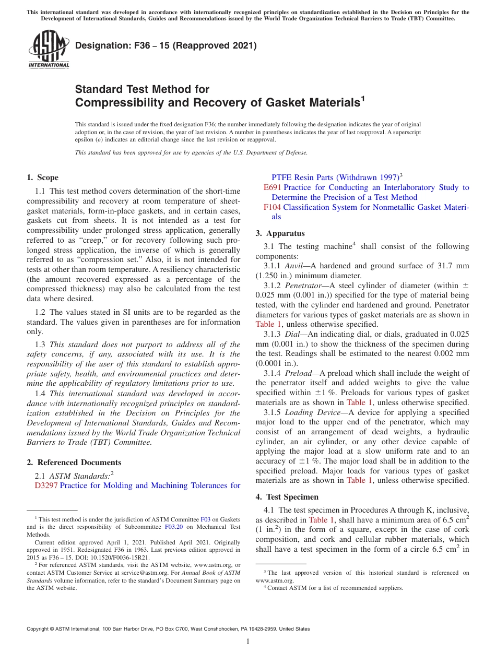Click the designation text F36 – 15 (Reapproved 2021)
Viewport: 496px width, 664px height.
pos(166,45)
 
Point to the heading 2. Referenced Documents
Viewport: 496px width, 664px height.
pos(74,463)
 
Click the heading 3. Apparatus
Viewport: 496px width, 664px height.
pos(280,233)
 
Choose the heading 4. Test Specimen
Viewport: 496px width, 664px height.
pos(287,497)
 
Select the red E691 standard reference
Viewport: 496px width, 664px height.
pos(273,187)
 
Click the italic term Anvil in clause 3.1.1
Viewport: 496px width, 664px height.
pos(294,266)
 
